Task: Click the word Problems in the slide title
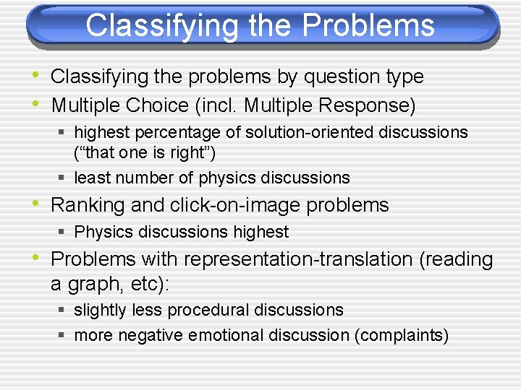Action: [368, 25]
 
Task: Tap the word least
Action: [90, 178]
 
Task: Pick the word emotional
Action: [221, 335]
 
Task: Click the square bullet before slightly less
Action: [63, 311]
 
